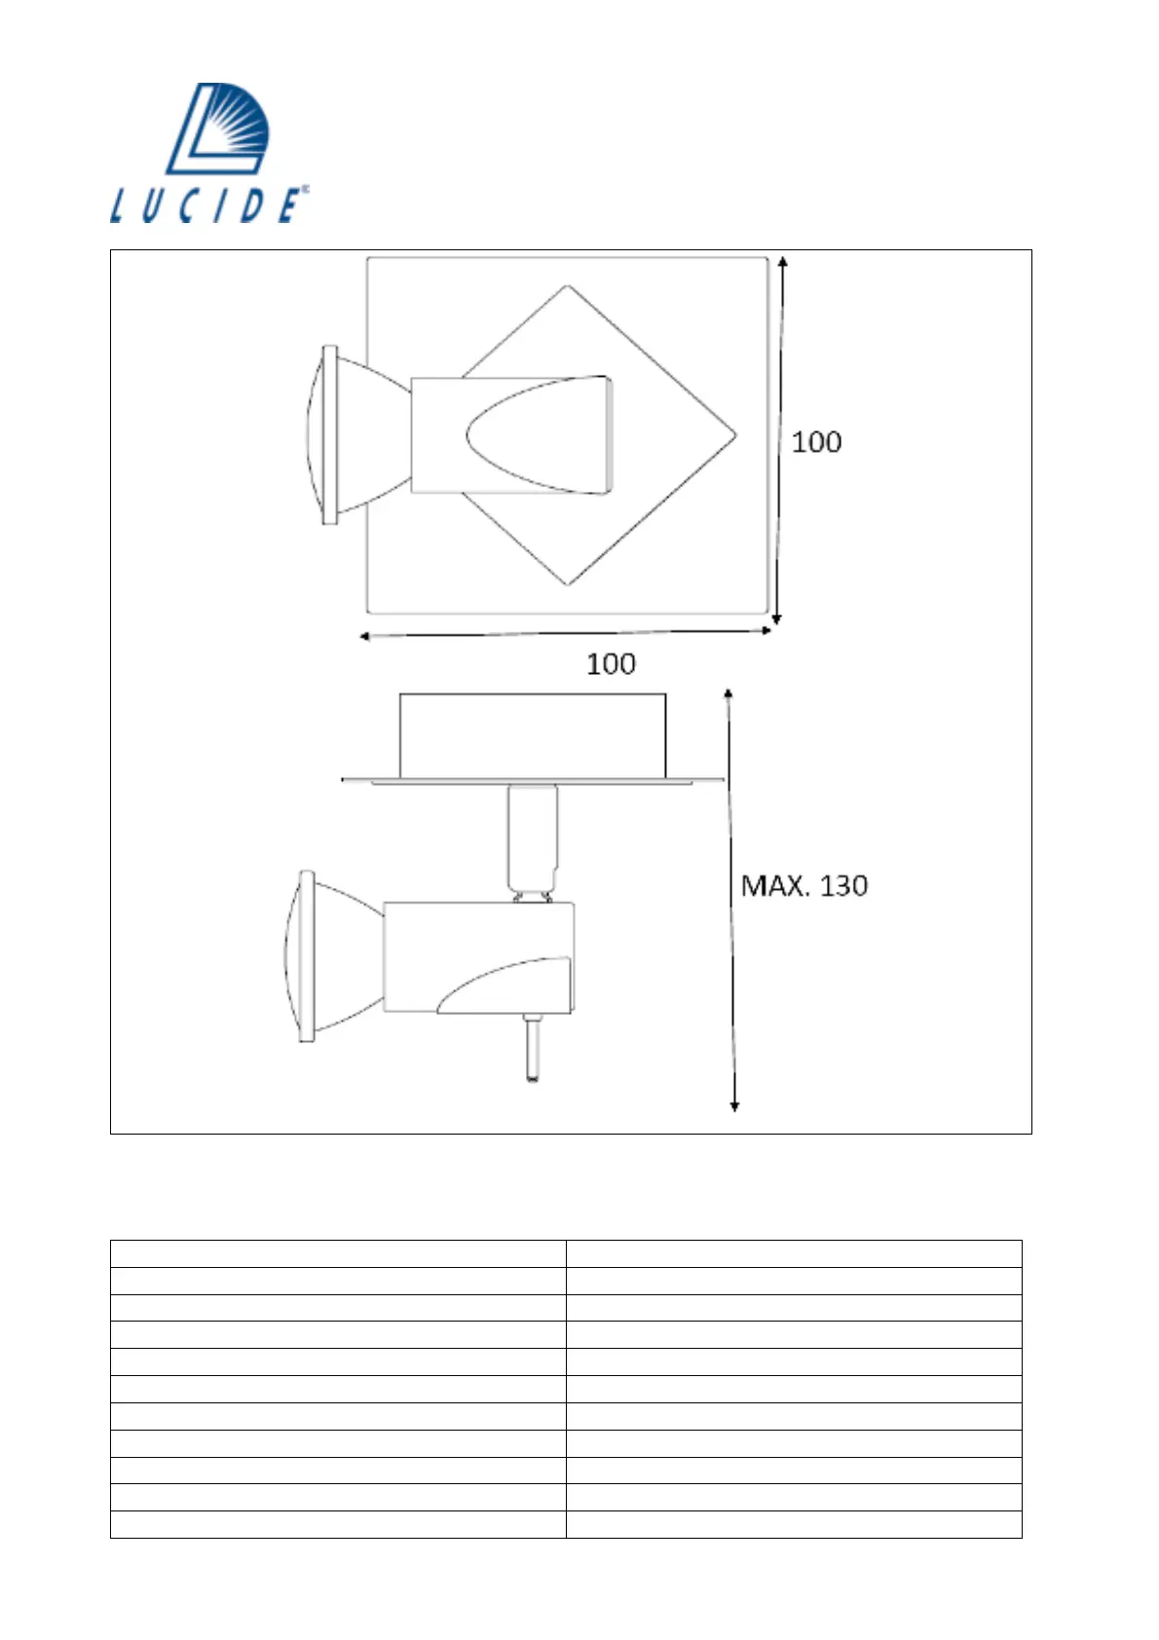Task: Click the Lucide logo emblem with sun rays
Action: point(218,129)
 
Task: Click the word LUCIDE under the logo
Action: point(208,205)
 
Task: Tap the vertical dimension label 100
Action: point(816,442)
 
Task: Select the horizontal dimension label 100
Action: point(611,664)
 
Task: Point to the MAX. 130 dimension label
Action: point(804,886)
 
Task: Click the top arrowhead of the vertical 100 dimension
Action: point(783,261)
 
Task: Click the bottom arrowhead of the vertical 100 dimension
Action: point(777,619)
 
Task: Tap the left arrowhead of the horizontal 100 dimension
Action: point(364,636)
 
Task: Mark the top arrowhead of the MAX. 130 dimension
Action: point(728,693)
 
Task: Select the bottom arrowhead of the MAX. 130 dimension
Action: point(734,1106)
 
